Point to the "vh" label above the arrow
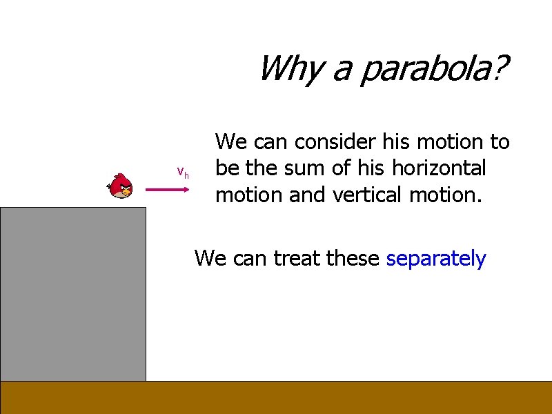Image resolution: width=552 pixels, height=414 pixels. click(183, 172)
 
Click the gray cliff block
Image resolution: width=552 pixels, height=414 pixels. click(73, 293)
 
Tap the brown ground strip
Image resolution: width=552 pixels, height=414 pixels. click(276, 397)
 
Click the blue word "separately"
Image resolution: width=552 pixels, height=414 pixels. click(436, 259)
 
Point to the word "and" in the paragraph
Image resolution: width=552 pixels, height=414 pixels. click(309, 195)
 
